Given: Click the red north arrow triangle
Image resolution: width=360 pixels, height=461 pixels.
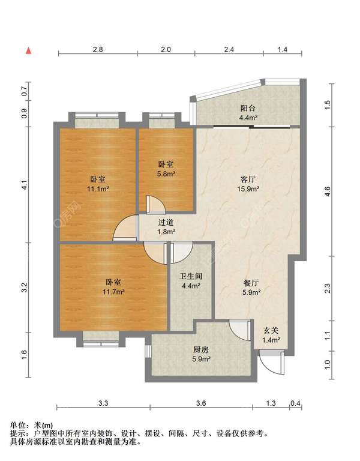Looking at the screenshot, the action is tap(29, 50).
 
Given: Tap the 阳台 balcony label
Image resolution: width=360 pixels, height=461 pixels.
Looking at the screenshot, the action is tap(248, 108).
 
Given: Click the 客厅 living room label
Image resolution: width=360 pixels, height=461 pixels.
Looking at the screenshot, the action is tap(248, 179).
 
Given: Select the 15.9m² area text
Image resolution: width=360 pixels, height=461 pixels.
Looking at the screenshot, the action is tap(248, 188).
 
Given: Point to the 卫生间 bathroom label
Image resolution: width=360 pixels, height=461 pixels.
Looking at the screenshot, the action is tap(191, 276).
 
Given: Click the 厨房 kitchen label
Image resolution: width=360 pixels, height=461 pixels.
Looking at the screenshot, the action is tap(201, 349).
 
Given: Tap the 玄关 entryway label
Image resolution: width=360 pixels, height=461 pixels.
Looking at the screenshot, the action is tap(271, 331).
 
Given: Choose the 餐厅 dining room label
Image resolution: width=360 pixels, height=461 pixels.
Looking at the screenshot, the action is tap(251, 283).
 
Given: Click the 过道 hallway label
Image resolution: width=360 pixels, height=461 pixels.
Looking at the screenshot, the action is tap(166, 223).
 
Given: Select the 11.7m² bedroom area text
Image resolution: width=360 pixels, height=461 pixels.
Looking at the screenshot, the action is tap(114, 292).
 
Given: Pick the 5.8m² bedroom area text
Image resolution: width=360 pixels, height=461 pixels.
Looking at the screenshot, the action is tap(166, 173).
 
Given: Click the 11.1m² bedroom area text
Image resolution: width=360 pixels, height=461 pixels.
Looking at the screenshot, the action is tap(98, 188).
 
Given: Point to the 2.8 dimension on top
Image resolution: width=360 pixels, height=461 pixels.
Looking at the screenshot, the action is tap(98, 49).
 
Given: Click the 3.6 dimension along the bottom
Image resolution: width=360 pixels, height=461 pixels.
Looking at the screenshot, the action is tap(201, 403).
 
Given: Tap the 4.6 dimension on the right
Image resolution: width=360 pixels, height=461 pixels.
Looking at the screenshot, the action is tap(328, 191).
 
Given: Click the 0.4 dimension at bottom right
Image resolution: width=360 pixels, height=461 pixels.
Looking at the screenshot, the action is tap(295, 403).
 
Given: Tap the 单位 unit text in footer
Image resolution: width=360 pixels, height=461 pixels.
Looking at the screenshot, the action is tap(17, 425).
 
